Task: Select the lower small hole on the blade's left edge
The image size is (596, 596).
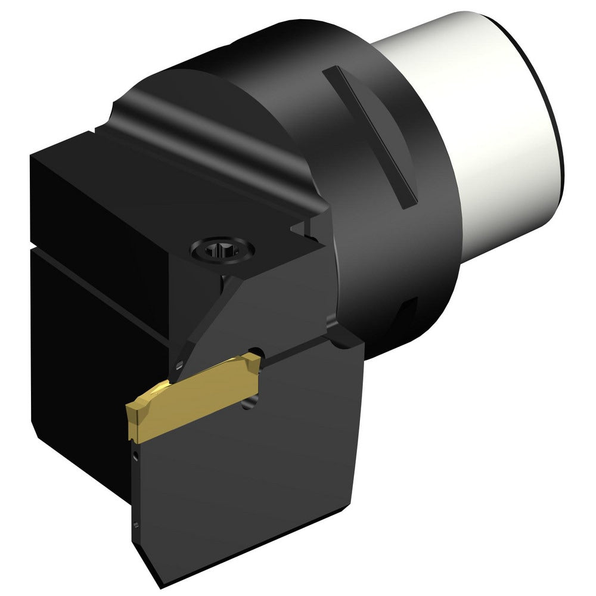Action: (136, 524)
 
